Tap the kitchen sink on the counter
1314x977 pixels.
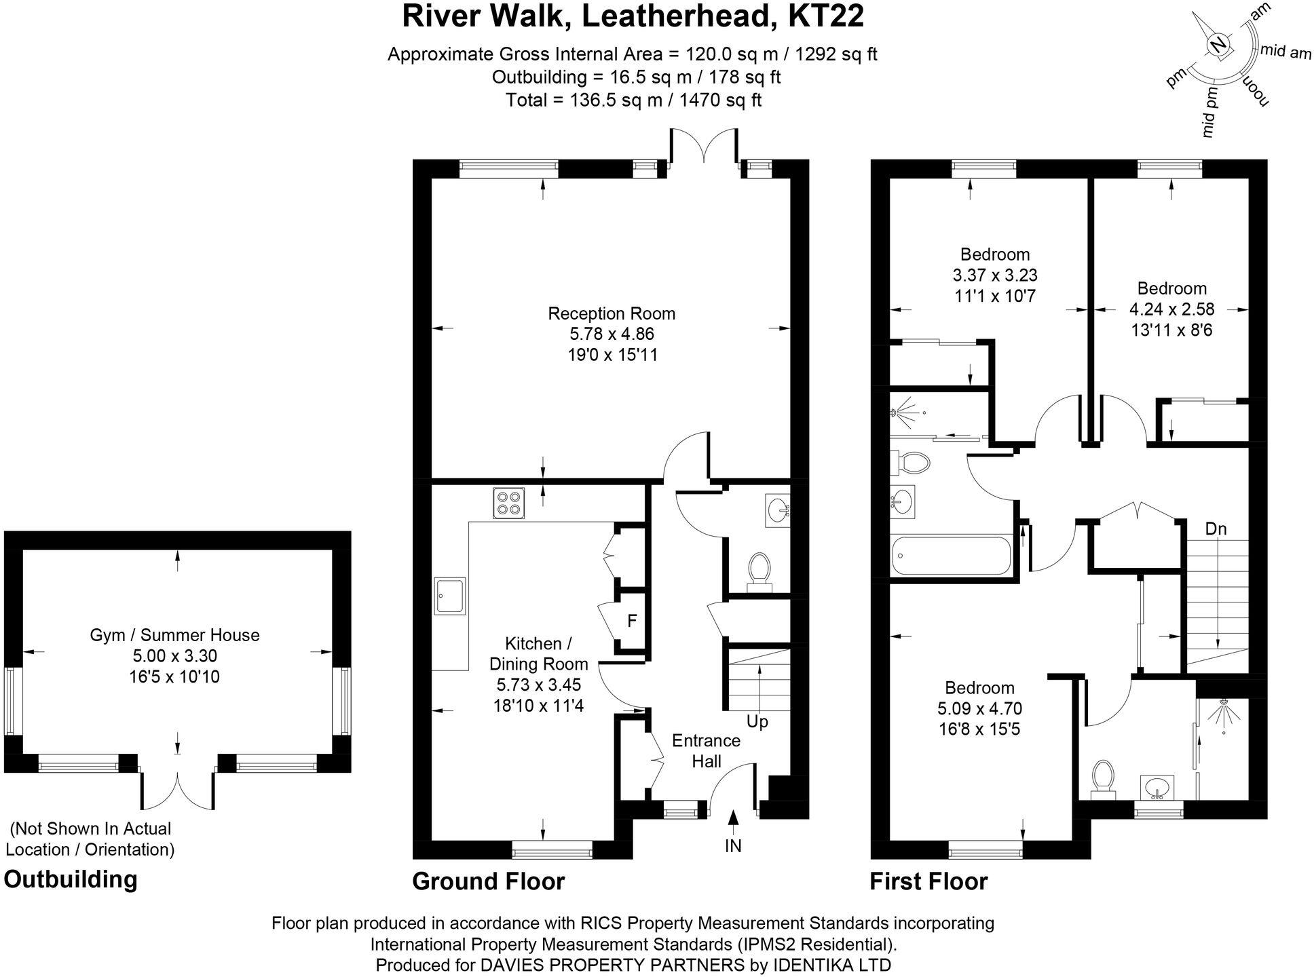click(x=450, y=596)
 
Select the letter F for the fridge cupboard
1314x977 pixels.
click(x=632, y=621)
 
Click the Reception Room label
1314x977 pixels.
click(x=612, y=313)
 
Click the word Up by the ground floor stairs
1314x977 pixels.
click(x=757, y=721)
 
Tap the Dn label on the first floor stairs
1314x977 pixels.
click(x=1216, y=529)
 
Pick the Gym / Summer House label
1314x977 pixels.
click(x=174, y=635)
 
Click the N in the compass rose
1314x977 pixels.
click(x=1219, y=45)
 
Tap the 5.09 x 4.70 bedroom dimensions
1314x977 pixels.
click(x=979, y=708)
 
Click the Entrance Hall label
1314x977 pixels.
click(x=706, y=750)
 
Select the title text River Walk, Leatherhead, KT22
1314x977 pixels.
click(x=633, y=16)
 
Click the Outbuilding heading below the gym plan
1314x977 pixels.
click(x=71, y=879)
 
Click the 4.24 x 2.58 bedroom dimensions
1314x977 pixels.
click(x=1171, y=309)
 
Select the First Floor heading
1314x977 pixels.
click(x=928, y=881)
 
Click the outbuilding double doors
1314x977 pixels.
click(x=178, y=790)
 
